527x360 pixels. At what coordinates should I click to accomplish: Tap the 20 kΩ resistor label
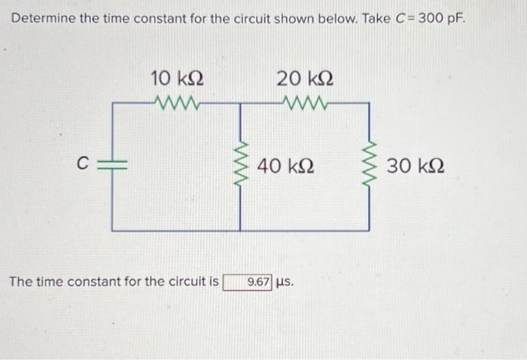304,78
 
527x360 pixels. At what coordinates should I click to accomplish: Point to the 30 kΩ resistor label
415,165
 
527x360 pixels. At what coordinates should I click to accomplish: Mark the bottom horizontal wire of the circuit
241,230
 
